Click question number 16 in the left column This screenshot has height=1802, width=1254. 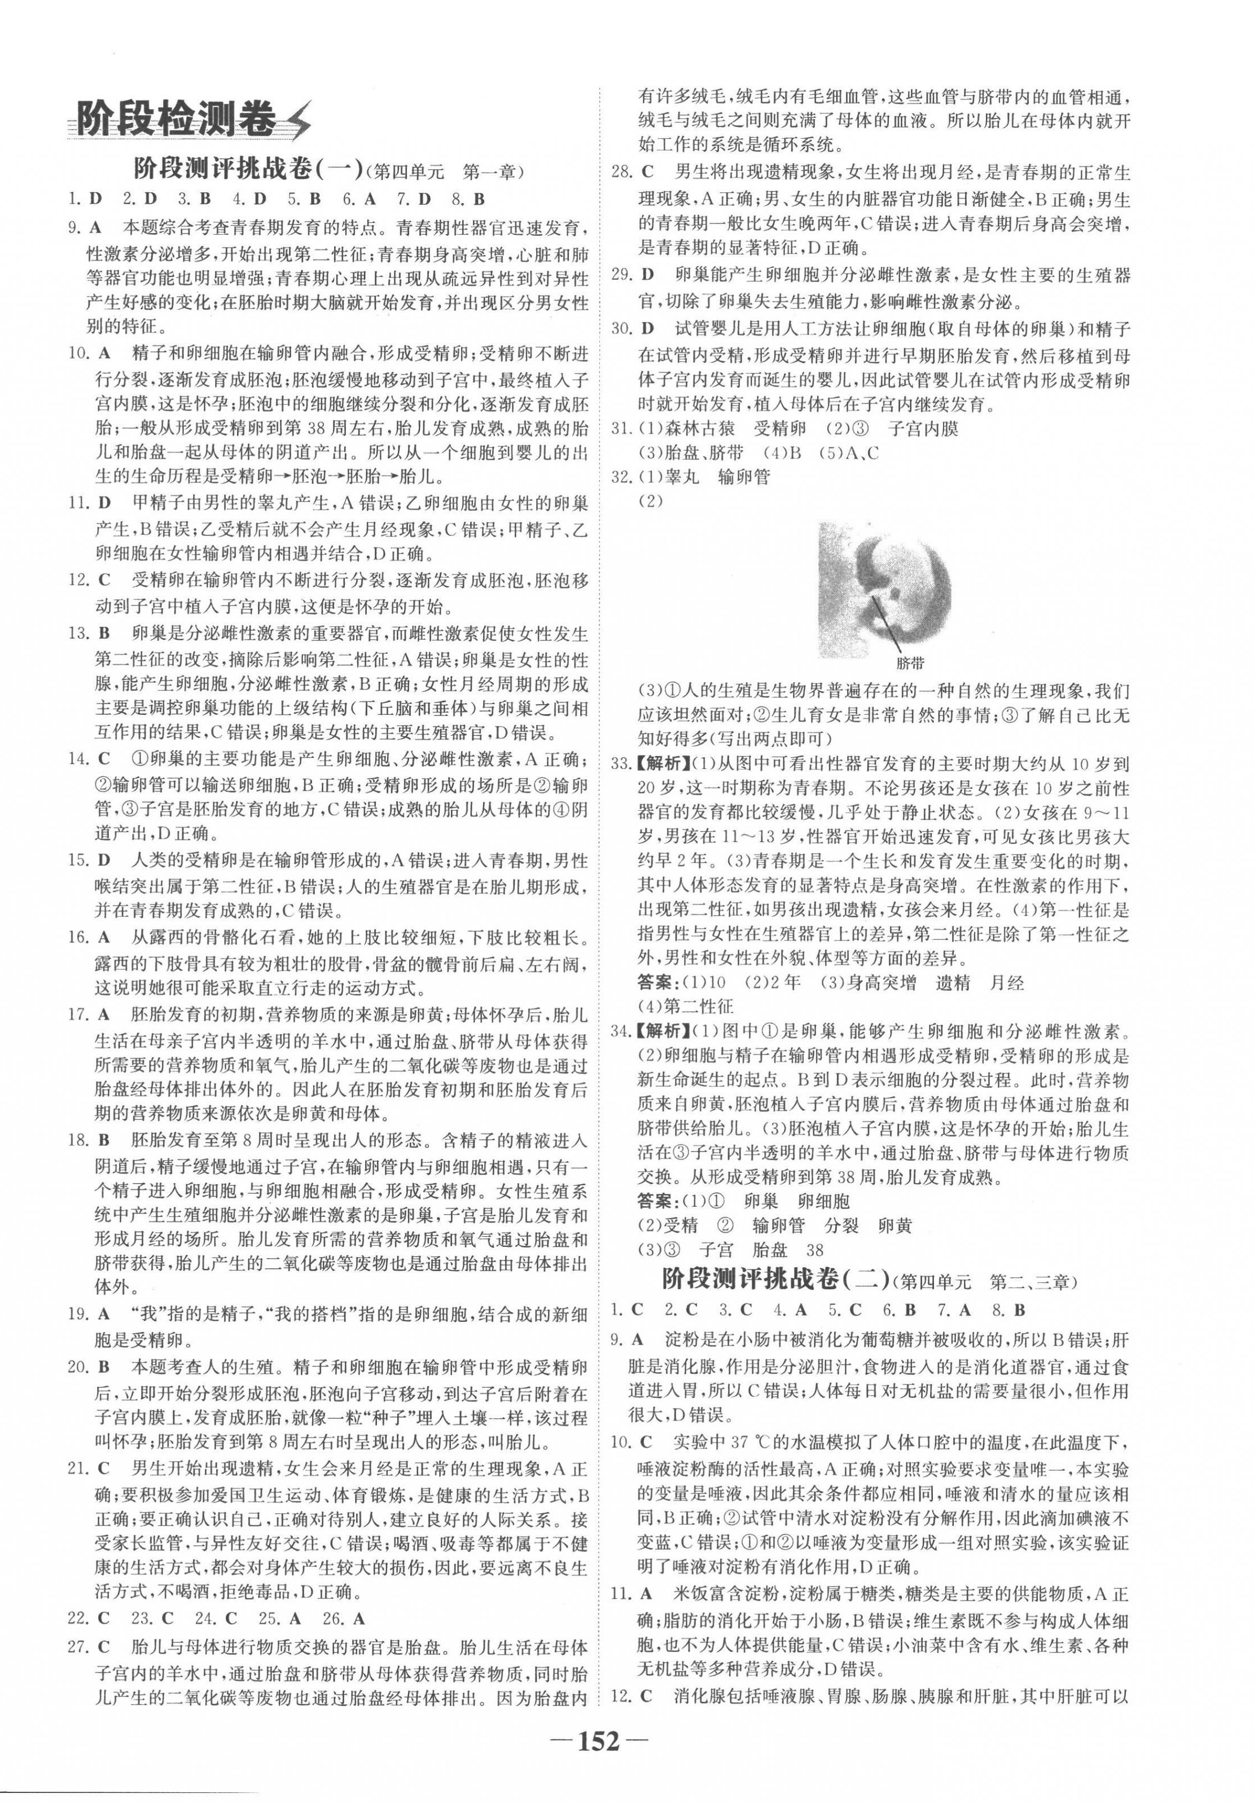tap(77, 937)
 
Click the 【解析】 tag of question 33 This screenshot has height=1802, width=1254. tap(663, 763)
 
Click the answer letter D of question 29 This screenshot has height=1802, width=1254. tap(648, 275)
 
